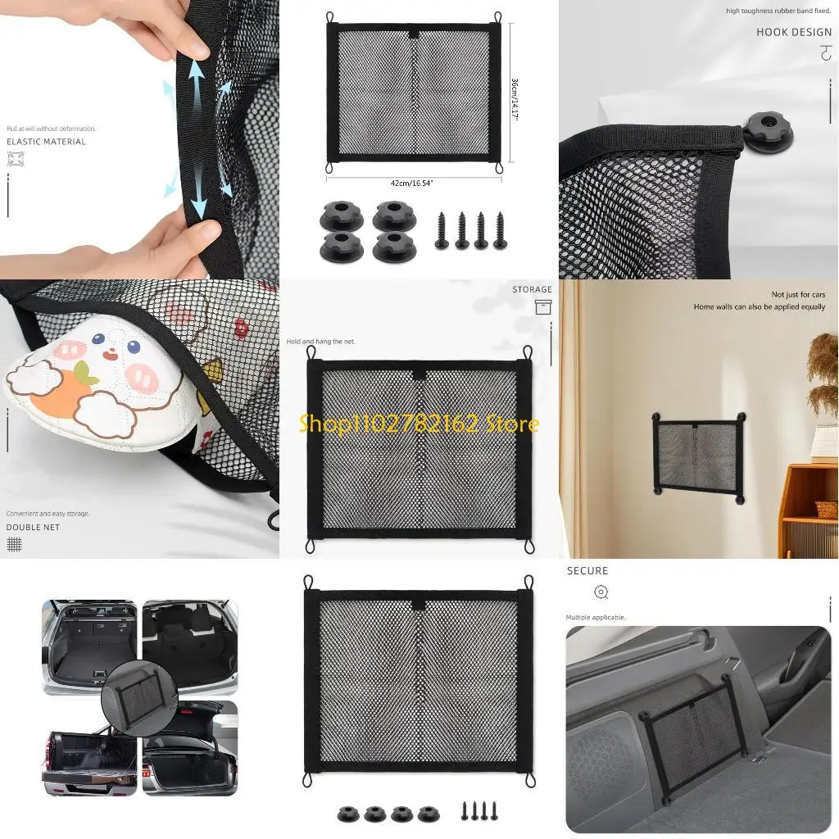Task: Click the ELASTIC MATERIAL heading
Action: pyautogui.click(x=46, y=142)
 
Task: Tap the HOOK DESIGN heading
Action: pyautogui.click(x=793, y=32)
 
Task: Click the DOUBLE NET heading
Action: pyautogui.click(x=33, y=527)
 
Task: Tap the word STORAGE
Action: pyautogui.click(x=532, y=289)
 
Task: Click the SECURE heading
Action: pyautogui.click(x=587, y=570)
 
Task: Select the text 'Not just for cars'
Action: pyautogui.click(x=798, y=294)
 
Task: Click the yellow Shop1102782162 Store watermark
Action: pyautogui.click(x=419, y=424)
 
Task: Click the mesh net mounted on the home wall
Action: pyautogui.click(x=698, y=456)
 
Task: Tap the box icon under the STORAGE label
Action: pyautogui.click(x=542, y=307)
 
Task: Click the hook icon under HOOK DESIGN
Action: pyautogui.click(x=824, y=54)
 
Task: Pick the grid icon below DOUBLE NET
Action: pyautogui.click(x=14, y=544)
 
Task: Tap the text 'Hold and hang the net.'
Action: pyautogui.click(x=320, y=341)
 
